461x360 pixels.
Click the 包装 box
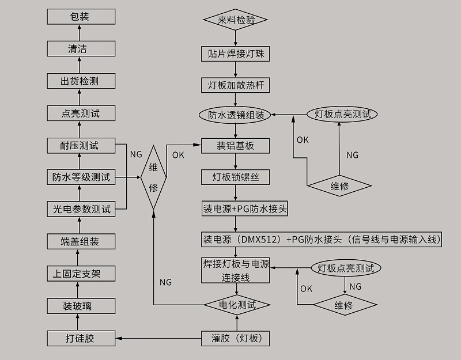click(81, 17)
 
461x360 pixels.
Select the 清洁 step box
click(81, 49)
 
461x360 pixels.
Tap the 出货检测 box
click(81, 81)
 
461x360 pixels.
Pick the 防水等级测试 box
click(81, 177)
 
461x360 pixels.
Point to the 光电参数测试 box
click(81, 210)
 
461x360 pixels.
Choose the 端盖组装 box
click(81, 242)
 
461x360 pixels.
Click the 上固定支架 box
click(81, 274)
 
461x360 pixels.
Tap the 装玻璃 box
click(81, 306)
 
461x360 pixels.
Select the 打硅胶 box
click(81, 338)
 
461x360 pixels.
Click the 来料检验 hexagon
click(236, 20)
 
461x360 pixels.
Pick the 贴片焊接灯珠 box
click(236, 54)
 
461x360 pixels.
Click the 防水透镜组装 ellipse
click(236, 115)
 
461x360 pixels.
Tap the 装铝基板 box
click(236, 146)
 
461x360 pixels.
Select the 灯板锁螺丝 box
click(236, 177)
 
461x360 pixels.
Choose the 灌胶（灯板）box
click(236, 338)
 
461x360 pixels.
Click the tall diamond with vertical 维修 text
click(154, 178)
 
